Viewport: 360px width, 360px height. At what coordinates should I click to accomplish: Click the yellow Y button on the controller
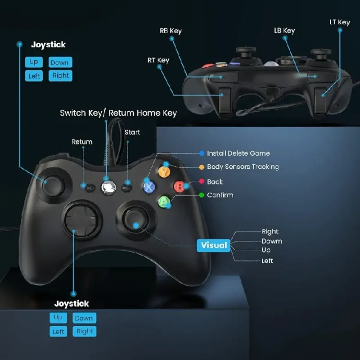point(164,172)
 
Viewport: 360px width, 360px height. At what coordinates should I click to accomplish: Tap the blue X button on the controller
point(149,187)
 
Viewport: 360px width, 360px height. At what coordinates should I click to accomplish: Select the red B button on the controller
point(180,186)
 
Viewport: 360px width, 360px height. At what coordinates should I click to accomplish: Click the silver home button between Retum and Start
point(108,188)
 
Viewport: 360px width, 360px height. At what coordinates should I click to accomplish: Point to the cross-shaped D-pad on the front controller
point(81,219)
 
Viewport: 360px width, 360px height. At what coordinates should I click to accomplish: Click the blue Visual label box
point(213,245)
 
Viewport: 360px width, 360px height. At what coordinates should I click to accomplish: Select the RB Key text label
point(171,31)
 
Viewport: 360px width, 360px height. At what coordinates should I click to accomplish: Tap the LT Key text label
point(340,22)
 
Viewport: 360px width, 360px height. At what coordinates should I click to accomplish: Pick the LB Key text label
point(284,30)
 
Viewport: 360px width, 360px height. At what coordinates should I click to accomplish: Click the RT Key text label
point(158,60)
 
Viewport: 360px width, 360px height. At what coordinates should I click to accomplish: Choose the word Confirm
point(220,195)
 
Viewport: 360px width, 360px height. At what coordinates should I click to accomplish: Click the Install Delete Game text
point(238,153)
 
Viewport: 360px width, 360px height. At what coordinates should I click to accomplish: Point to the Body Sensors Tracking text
point(243,166)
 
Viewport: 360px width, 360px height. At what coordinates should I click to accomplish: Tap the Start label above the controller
point(132,132)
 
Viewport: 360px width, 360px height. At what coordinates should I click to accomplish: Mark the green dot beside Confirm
point(202,195)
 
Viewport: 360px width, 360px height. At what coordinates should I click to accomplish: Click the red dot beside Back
point(202,181)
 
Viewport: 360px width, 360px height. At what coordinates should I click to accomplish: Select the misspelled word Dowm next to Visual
point(272,241)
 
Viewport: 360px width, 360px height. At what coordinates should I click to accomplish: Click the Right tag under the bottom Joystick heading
point(85,331)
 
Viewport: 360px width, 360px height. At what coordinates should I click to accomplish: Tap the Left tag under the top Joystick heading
point(34,76)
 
